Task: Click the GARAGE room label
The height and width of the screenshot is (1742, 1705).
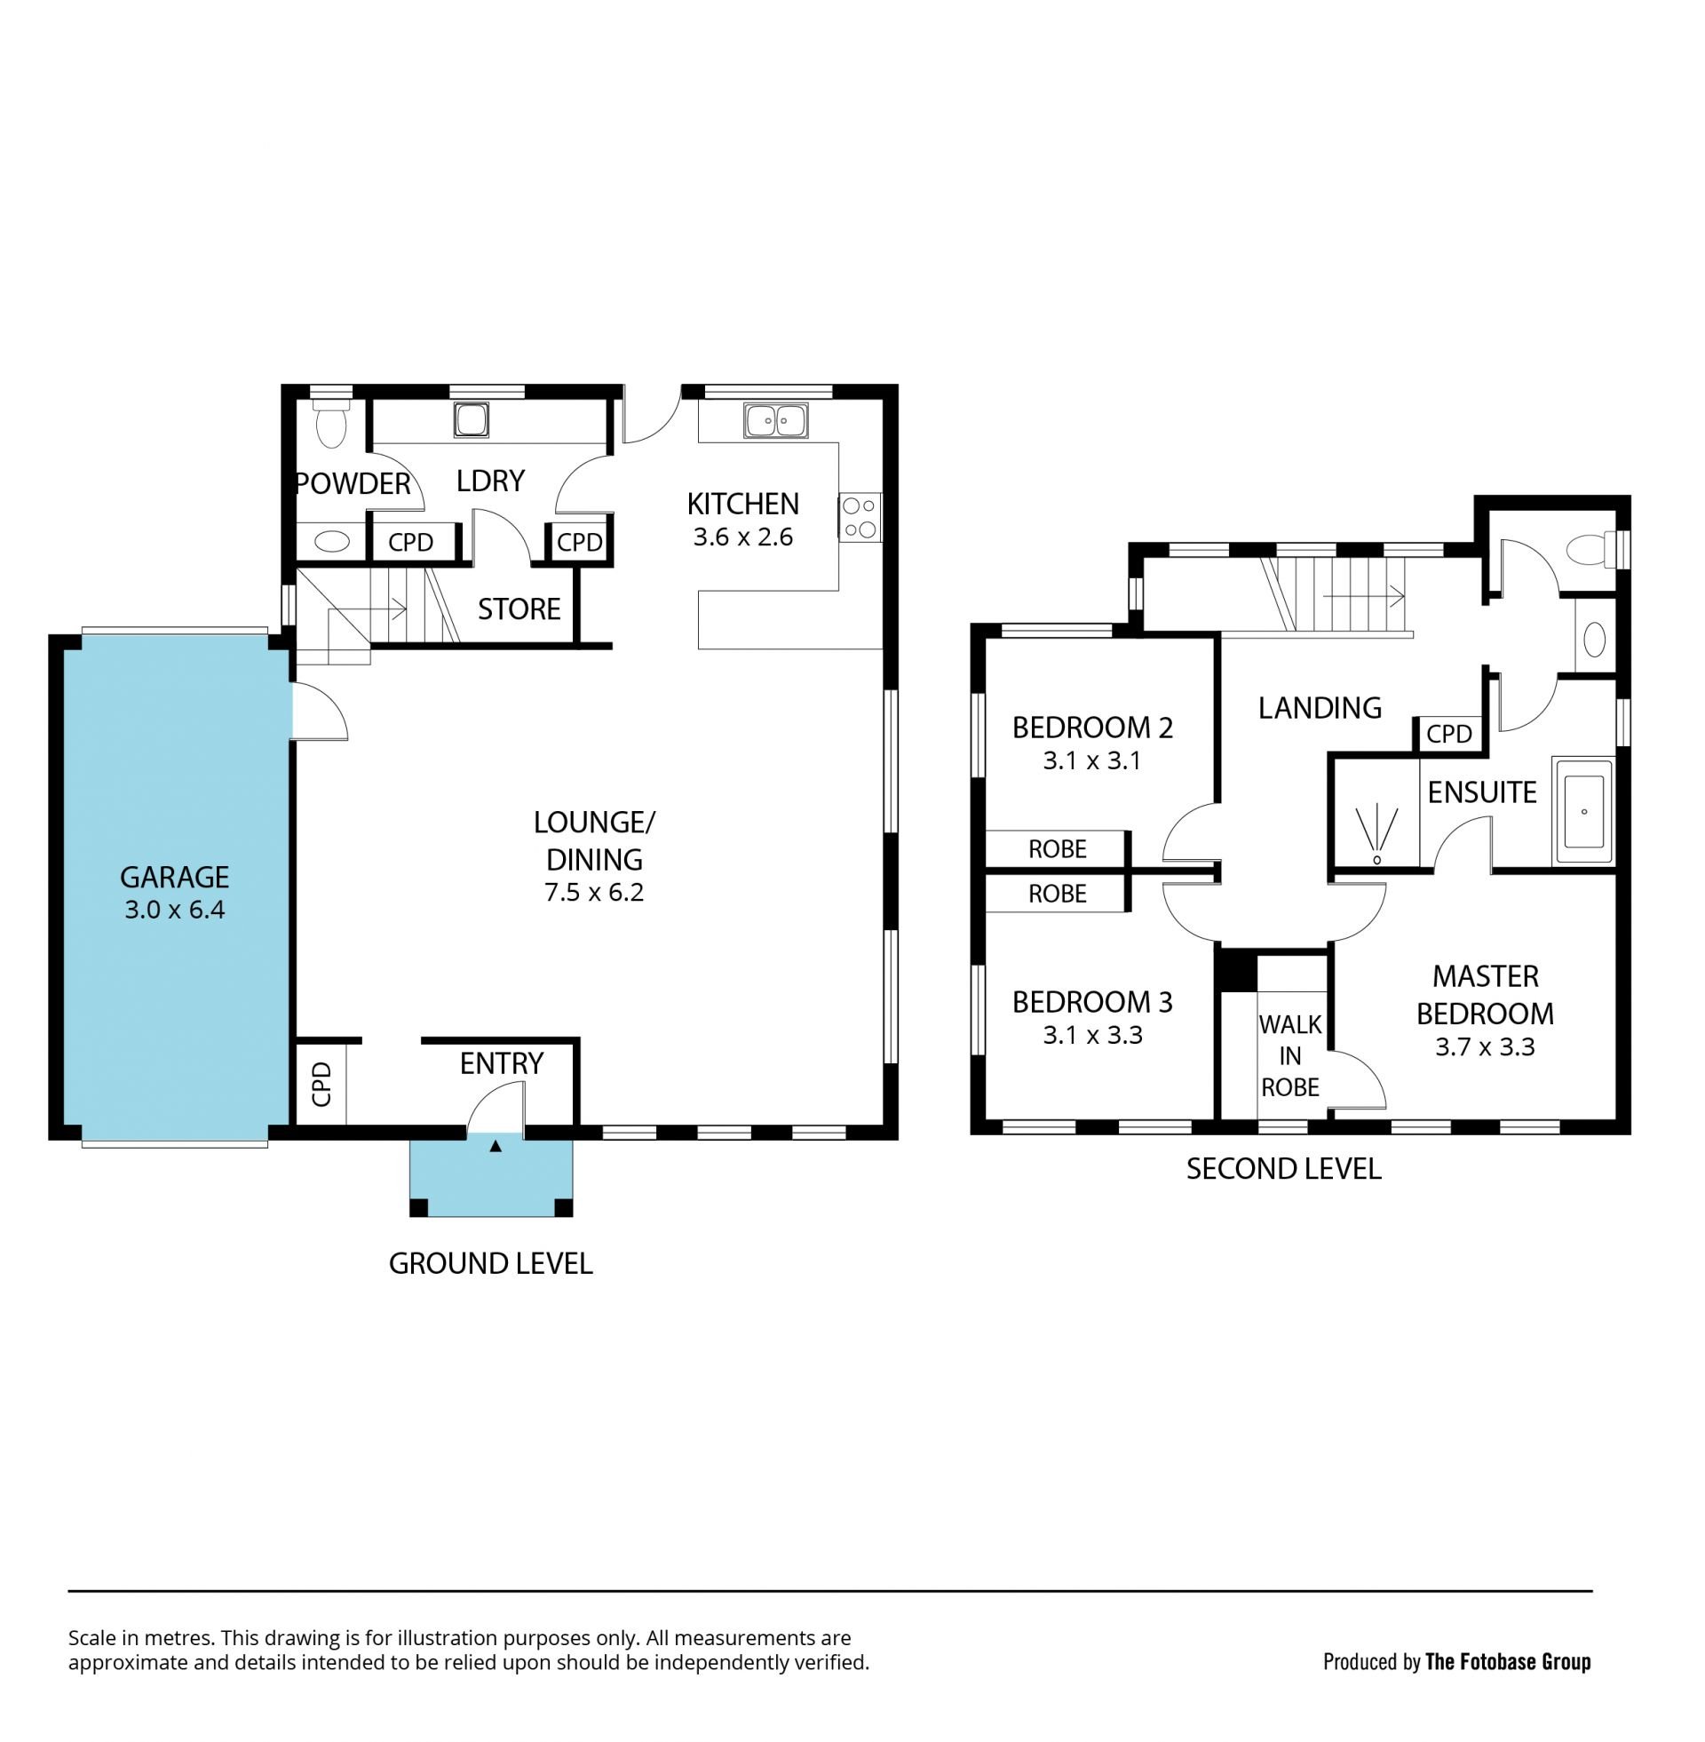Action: tap(175, 877)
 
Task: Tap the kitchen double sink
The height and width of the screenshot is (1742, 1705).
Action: tap(775, 420)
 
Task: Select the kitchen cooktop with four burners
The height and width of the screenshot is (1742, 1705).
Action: tap(860, 518)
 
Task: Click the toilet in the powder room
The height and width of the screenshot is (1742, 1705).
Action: tap(331, 422)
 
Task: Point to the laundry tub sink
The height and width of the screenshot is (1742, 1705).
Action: tap(471, 419)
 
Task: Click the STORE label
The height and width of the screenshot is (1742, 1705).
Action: tap(519, 609)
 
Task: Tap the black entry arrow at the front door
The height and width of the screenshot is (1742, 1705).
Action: tap(496, 1145)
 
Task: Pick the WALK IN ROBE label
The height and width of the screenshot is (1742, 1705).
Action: tap(1289, 1055)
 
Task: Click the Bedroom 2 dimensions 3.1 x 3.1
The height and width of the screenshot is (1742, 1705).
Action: tap(1091, 760)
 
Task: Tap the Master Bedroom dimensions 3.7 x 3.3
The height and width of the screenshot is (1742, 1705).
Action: tap(1485, 1046)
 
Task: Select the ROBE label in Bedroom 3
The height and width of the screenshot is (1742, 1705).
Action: tap(1058, 894)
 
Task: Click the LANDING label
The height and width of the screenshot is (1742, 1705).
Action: tap(1319, 707)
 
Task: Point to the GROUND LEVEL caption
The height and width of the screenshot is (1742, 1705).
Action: tap(491, 1264)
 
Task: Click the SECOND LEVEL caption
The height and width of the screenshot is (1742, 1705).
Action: tap(1283, 1169)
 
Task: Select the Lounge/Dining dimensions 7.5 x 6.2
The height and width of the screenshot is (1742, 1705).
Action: tap(595, 892)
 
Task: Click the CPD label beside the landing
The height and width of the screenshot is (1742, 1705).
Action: tap(1449, 735)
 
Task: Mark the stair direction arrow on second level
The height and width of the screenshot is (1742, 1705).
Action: tap(1363, 595)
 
